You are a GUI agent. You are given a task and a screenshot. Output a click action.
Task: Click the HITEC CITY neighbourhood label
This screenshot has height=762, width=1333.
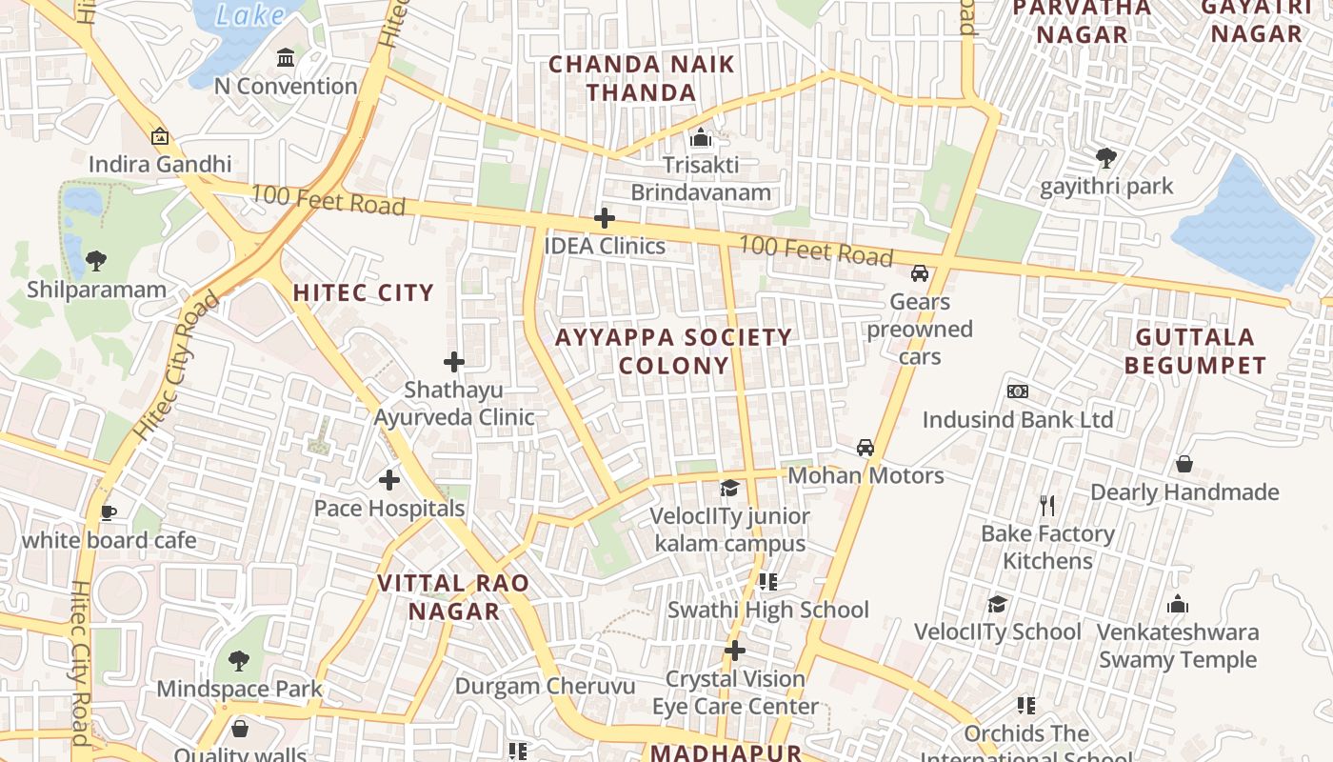(x=363, y=292)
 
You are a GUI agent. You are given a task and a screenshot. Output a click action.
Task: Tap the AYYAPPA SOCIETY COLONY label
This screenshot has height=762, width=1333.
(x=673, y=351)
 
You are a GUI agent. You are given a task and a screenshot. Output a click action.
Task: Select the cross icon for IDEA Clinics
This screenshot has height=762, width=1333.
(x=604, y=219)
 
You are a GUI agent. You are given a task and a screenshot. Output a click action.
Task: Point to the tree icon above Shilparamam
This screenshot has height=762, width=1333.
(x=95, y=260)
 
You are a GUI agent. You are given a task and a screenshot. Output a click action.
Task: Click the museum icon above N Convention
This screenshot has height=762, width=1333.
(x=286, y=58)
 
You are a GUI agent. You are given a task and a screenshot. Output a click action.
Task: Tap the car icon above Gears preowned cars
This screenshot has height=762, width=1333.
(x=919, y=273)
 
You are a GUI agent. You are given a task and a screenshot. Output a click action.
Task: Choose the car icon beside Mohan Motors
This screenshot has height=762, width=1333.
(x=865, y=447)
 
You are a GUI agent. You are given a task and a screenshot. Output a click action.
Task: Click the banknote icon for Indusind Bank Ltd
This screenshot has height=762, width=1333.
(x=1017, y=391)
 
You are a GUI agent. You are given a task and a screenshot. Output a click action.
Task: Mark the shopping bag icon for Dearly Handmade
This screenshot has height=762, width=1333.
(x=1184, y=464)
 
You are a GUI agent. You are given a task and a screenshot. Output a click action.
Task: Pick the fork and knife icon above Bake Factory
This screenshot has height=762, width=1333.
(x=1047, y=505)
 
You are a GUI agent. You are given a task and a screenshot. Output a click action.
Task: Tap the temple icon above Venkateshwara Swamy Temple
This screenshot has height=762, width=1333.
(x=1177, y=604)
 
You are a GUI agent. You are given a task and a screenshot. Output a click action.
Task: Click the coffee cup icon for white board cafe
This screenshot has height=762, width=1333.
(x=109, y=512)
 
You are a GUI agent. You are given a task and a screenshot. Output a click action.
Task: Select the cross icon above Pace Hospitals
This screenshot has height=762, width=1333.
(x=388, y=480)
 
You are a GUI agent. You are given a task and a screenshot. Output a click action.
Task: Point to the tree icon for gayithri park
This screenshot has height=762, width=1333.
(x=1105, y=157)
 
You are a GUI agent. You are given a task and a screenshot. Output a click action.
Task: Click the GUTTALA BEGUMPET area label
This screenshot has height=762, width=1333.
(x=1195, y=351)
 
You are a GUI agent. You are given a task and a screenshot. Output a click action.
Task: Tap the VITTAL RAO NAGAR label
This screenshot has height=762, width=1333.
(x=454, y=597)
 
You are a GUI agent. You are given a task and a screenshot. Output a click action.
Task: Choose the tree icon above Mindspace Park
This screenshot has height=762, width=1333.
(x=239, y=660)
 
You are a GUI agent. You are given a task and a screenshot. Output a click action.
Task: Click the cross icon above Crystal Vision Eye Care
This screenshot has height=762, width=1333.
(x=734, y=651)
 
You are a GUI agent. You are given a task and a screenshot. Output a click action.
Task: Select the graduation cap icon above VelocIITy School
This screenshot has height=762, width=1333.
(x=997, y=604)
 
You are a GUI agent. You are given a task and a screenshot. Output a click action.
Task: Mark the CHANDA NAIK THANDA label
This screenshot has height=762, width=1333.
(x=642, y=78)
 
